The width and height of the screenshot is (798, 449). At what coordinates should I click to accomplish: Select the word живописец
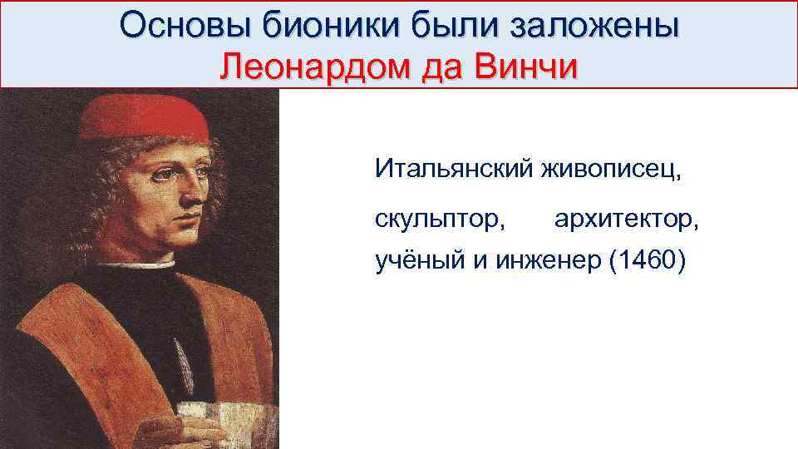coord(611,170)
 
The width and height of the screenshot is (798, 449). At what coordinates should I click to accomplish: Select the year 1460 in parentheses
coord(648,263)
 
